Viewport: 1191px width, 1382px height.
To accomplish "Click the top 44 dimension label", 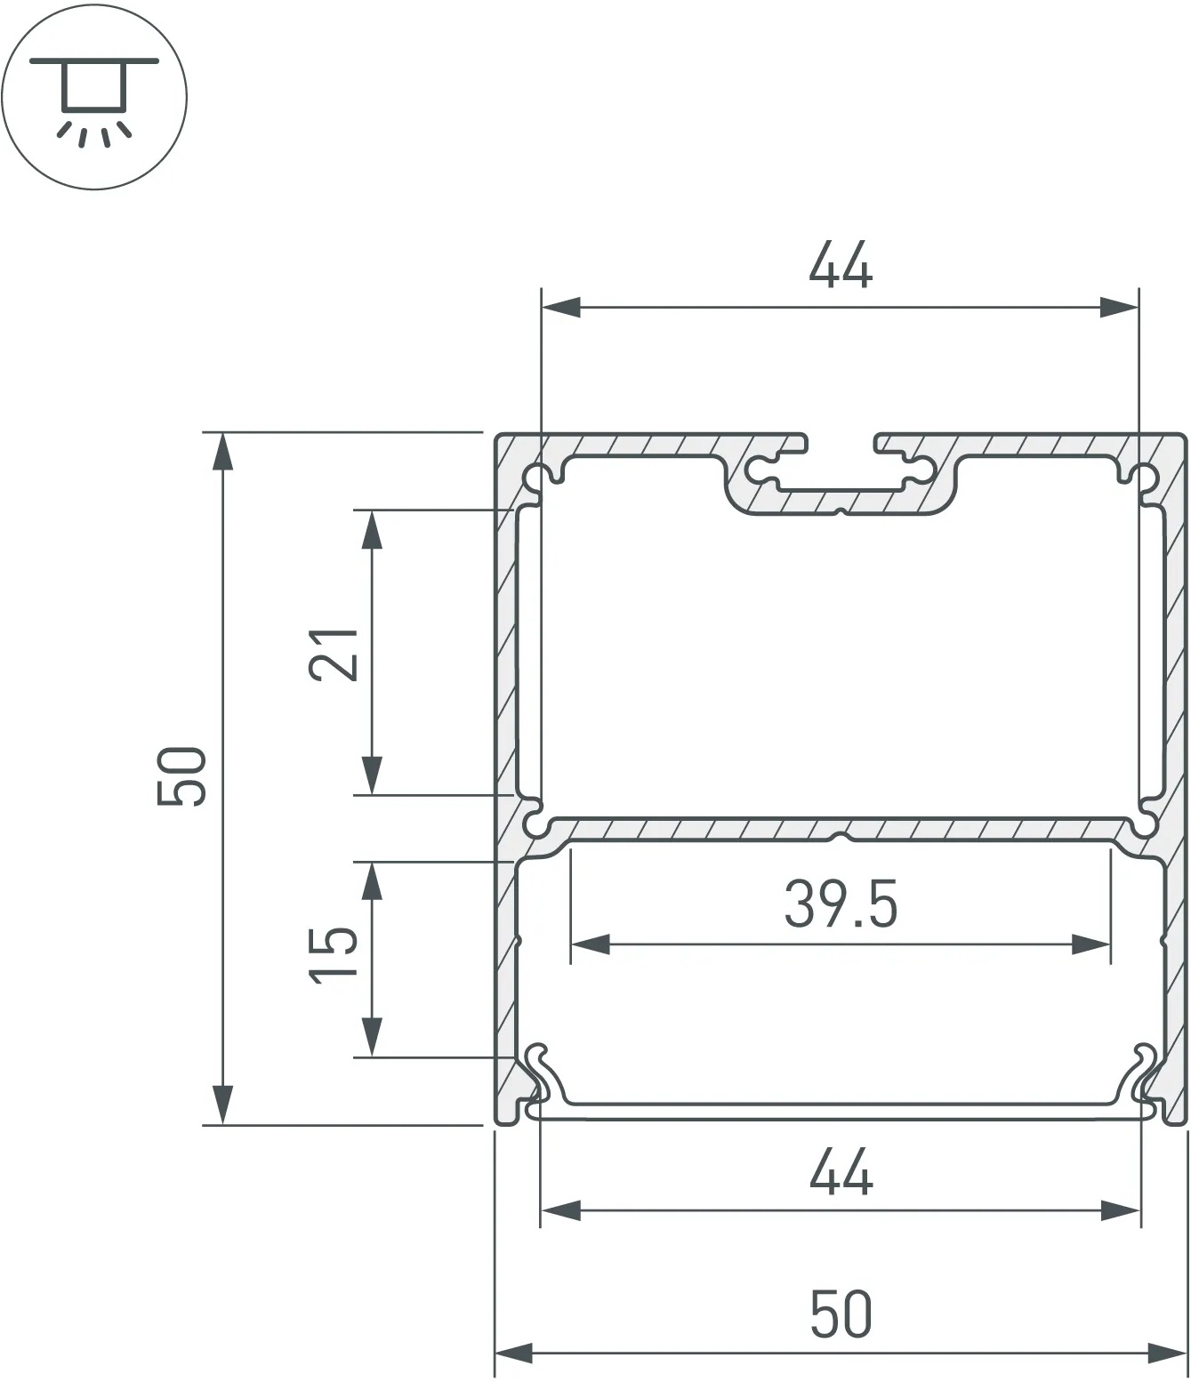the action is click(x=840, y=265).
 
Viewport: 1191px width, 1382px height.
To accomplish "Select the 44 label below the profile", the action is click(x=840, y=1172).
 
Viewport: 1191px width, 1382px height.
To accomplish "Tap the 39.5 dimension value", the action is click(x=841, y=905).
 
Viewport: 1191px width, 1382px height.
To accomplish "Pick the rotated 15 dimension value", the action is click(x=334, y=955).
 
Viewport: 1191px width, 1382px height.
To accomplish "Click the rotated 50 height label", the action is click(x=181, y=777).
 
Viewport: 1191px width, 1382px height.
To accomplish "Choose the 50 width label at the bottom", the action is click(x=841, y=1314).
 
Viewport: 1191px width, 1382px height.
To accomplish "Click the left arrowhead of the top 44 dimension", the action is click(x=560, y=309).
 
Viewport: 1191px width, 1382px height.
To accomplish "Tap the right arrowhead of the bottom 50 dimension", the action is click(x=1167, y=1354).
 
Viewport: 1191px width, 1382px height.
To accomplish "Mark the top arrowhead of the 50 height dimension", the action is click(x=222, y=453).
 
